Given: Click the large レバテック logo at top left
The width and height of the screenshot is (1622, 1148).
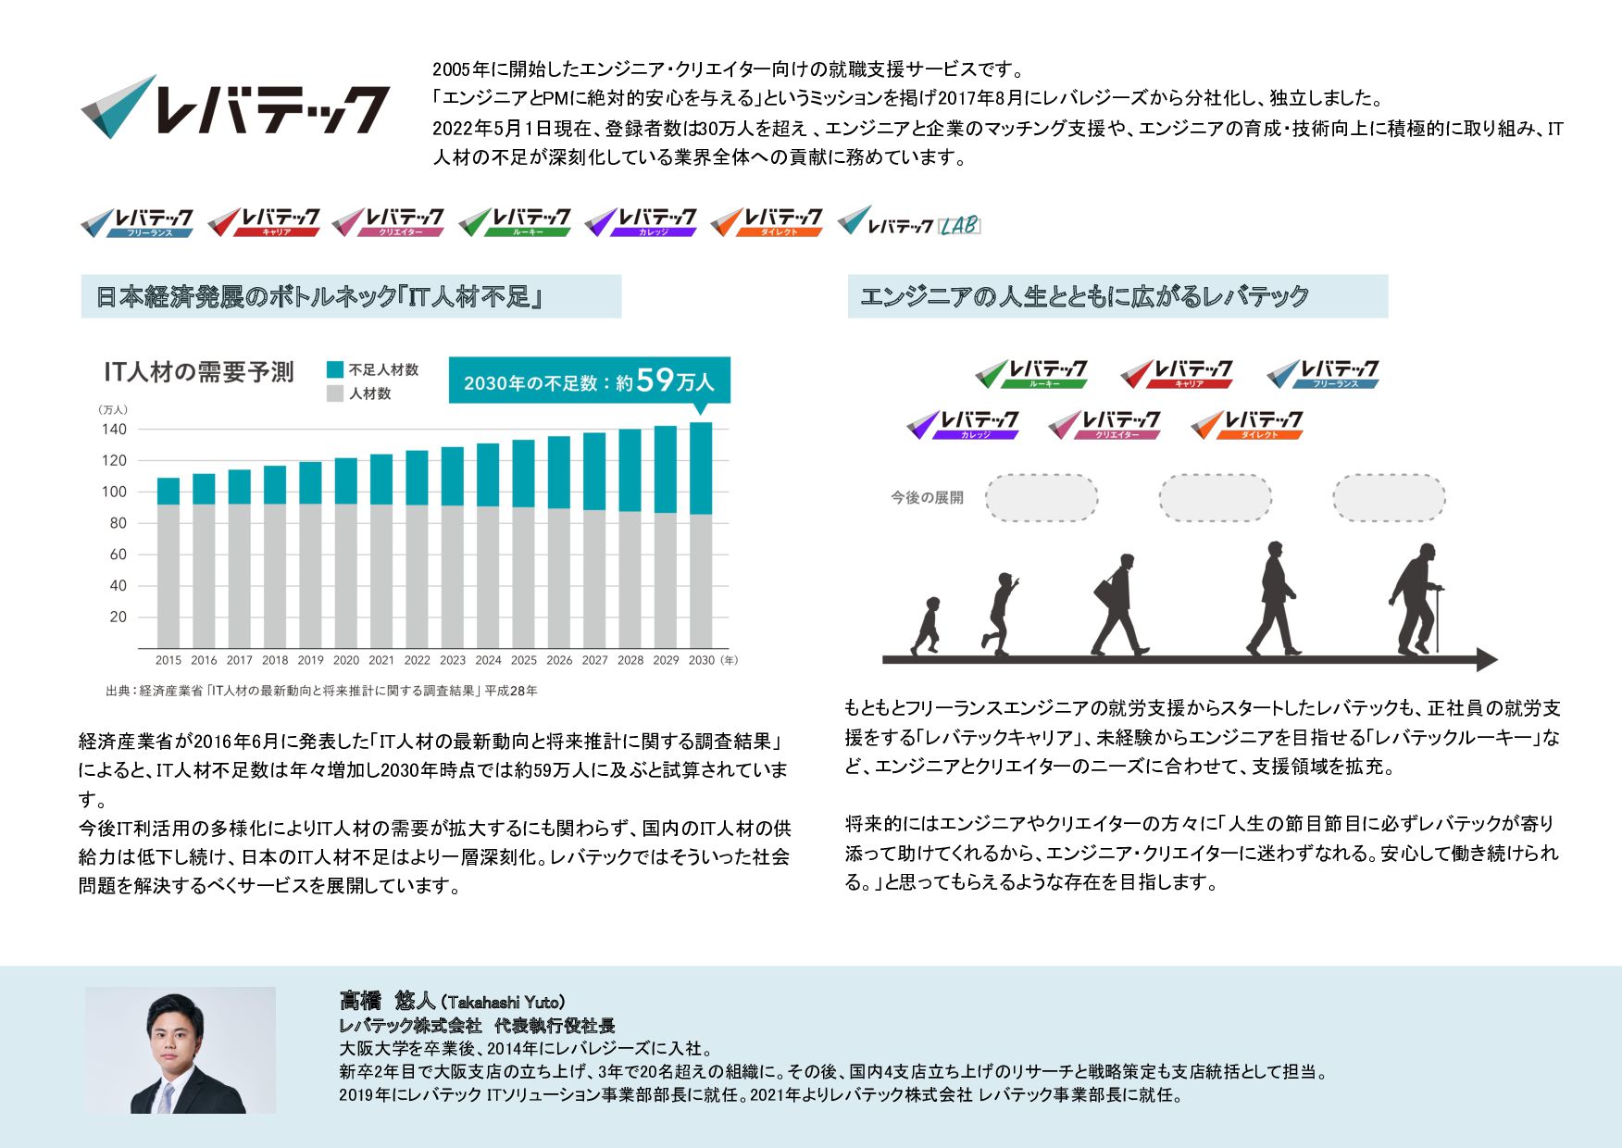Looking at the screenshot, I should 235,106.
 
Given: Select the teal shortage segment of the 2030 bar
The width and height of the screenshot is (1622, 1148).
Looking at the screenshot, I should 701,468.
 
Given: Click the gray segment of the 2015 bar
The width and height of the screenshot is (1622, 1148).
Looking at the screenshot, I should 168,576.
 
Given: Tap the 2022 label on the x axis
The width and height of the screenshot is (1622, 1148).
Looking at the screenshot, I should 417,660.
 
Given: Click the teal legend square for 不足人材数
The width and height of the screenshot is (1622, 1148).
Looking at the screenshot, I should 335,369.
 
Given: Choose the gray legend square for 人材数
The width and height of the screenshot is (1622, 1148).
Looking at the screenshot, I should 335,393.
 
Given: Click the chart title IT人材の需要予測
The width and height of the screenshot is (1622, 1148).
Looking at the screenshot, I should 198,372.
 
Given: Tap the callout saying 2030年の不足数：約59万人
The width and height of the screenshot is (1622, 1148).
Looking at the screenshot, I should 589,381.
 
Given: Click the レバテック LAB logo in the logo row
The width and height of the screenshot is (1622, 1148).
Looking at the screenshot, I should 908,222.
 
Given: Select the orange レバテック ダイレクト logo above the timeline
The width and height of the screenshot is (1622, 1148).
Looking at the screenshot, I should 1247,424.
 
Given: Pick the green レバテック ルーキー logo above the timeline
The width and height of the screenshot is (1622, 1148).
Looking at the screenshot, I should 1031,373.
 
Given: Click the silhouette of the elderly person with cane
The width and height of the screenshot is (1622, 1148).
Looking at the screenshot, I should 1416,600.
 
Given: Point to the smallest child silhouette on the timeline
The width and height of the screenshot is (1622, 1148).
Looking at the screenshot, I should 927,626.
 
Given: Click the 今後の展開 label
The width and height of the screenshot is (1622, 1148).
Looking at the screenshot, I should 927,498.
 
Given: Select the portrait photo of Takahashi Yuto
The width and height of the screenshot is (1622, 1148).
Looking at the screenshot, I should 181,1050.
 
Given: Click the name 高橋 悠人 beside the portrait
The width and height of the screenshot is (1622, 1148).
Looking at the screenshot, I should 387,1001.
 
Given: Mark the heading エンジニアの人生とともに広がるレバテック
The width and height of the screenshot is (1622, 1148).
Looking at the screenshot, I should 1084,296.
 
